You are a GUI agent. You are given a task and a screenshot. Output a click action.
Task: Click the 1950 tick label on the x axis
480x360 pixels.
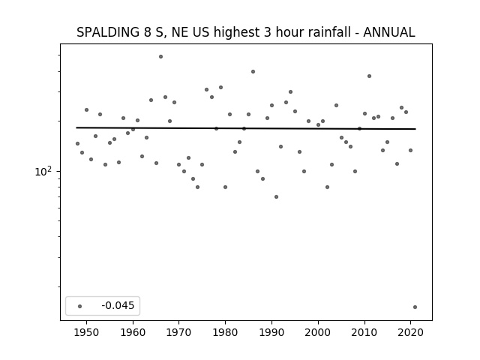click(x=87, y=332)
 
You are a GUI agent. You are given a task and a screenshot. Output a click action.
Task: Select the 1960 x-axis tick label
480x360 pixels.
click(x=133, y=332)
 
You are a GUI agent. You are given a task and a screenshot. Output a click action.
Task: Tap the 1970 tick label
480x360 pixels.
click(x=179, y=332)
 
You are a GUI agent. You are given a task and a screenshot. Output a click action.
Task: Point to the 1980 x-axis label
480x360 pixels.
click(x=225, y=332)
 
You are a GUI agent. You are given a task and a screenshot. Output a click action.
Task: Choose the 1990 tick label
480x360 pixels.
click(x=271, y=332)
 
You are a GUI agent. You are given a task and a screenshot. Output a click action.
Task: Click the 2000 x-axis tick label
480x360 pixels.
click(x=318, y=332)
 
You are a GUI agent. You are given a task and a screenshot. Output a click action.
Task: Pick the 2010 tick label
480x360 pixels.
click(x=364, y=332)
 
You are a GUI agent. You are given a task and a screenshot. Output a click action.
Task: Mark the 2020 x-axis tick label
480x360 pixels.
click(x=410, y=332)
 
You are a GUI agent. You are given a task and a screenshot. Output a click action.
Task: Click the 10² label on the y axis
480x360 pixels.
click(x=43, y=172)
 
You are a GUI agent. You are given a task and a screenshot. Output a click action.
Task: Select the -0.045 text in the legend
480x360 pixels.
click(x=118, y=305)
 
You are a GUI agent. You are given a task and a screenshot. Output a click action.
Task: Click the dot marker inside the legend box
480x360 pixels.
click(x=80, y=306)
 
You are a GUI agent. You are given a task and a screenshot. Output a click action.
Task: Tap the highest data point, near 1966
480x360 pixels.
click(x=160, y=57)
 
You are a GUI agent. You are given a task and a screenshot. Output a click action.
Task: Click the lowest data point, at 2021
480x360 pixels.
click(x=415, y=307)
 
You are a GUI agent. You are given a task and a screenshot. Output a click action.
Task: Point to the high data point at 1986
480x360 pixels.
click(x=253, y=72)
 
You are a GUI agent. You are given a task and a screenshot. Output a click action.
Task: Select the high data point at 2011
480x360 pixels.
click(x=369, y=76)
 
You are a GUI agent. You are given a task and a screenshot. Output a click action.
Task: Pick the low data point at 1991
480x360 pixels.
click(x=277, y=196)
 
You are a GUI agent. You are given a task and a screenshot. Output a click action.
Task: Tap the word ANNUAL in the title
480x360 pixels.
click(x=389, y=32)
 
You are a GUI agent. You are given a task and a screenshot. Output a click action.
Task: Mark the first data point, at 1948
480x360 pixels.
click(x=77, y=143)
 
